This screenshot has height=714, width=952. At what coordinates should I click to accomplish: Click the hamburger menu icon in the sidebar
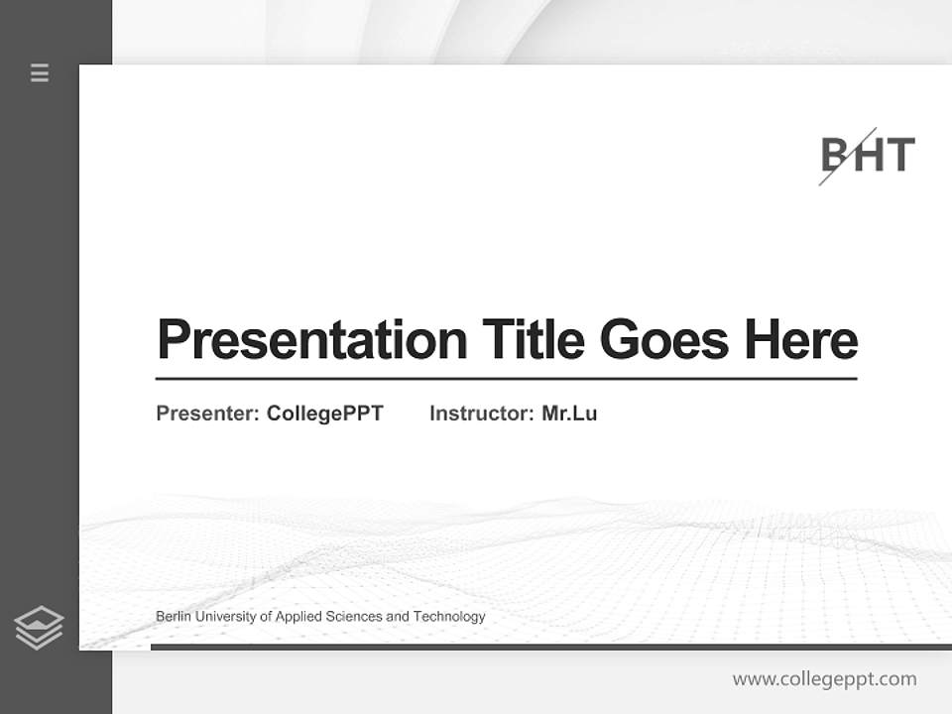(x=40, y=72)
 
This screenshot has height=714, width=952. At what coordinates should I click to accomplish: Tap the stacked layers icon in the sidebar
(x=39, y=628)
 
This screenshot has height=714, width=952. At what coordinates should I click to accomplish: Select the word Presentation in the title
(x=311, y=339)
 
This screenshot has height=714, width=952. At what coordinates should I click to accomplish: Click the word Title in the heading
(x=534, y=339)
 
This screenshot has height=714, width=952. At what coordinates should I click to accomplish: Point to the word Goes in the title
(x=664, y=339)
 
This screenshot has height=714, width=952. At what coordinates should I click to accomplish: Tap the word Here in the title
(x=800, y=339)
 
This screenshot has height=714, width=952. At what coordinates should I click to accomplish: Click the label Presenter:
(x=208, y=414)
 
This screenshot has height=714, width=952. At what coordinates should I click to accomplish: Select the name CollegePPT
(x=324, y=414)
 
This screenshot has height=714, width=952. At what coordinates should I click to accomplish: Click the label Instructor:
(x=482, y=414)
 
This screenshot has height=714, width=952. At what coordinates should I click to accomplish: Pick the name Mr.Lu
(x=569, y=414)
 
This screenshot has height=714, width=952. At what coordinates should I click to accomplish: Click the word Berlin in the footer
(x=174, y=617)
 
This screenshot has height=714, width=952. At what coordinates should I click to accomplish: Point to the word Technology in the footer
(x=449, y=617)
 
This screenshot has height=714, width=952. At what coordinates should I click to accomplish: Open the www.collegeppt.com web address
(x=824, y=679)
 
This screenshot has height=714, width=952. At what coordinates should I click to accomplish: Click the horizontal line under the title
(x=506, y=378)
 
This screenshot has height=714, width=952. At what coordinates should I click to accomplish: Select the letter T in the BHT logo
(x=899, y=156)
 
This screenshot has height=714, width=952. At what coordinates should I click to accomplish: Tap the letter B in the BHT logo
(x=835, y=156)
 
